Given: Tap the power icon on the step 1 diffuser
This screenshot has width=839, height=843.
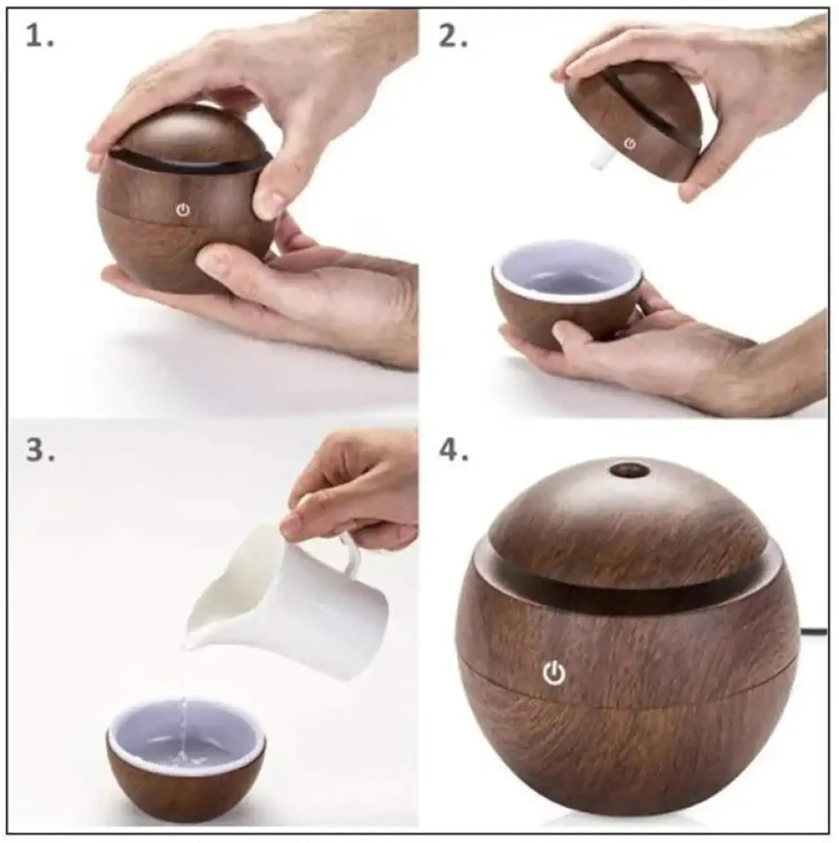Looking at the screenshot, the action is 182,210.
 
